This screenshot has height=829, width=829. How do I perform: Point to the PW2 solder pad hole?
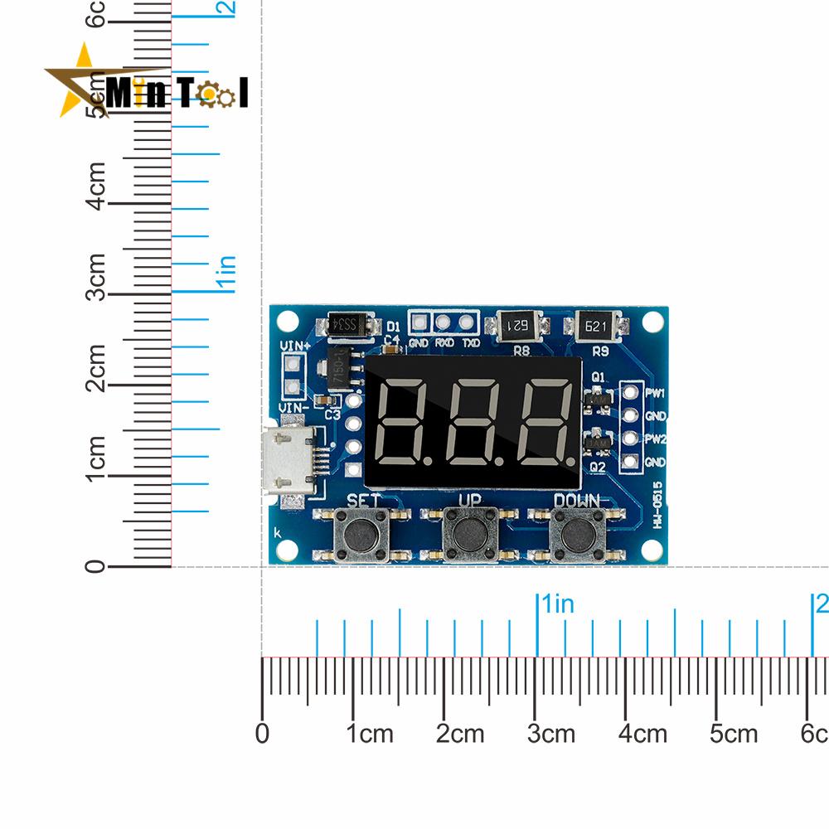[630, 438]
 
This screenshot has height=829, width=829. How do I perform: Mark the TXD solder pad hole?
[468, 322]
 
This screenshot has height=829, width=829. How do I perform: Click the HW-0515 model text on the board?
[657, 507]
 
